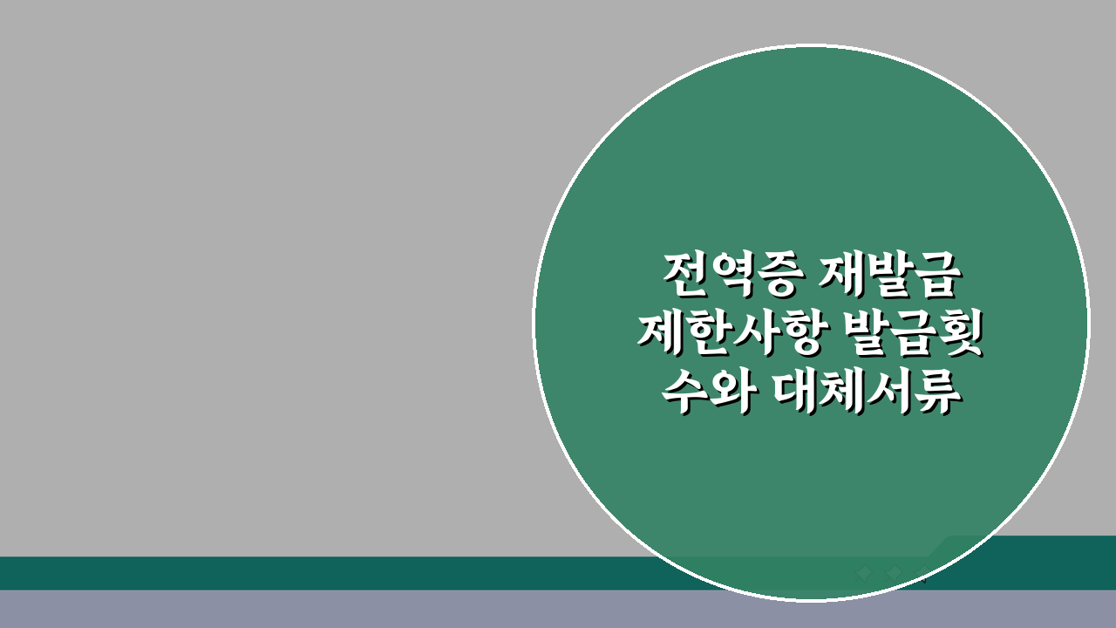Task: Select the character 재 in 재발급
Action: [x=843, y=276]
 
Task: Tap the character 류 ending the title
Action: [x=939, y=389]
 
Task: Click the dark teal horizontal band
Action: [x=262, y=573]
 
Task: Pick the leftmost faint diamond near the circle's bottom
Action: [x=864, y=573]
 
